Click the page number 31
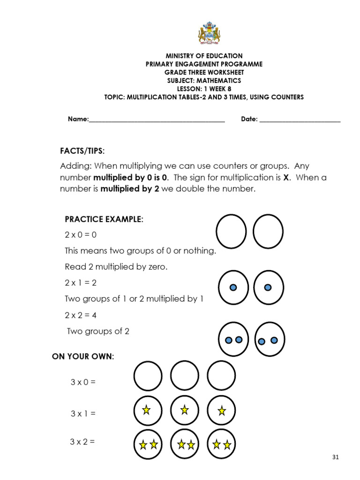[335, 457]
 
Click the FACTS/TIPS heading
[82, 151]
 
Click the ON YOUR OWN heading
[83, 357]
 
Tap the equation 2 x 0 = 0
[81, 235]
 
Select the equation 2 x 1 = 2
[81, 283]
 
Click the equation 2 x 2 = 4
[81, 315]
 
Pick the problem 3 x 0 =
[83, 382]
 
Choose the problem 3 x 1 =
[83, 413]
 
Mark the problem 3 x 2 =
[83, 442]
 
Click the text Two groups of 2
[98, 331]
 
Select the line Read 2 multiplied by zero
[116, 267]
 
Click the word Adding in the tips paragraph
[76, 166]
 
